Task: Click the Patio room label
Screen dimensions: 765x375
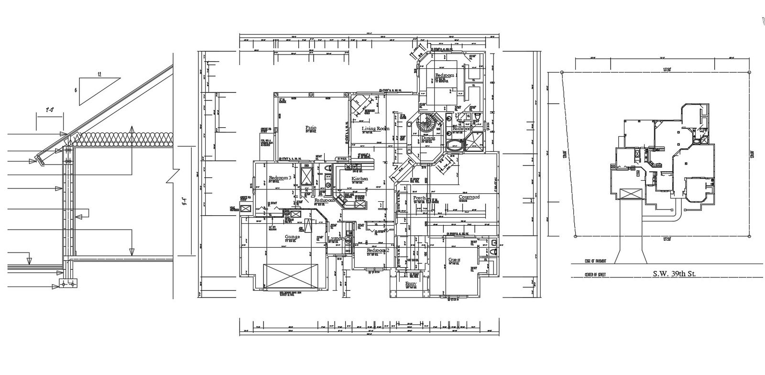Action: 311,128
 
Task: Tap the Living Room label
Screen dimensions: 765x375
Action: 375,129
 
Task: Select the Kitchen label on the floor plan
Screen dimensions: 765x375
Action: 360,179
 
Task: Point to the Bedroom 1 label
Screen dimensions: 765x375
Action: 446,76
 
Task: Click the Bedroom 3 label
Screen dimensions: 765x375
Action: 280,178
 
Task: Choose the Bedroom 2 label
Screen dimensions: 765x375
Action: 378,251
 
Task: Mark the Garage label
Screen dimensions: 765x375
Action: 292,237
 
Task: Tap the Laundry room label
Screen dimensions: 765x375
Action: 337,238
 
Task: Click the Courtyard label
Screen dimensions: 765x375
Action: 469,197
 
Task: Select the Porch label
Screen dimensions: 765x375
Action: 419,198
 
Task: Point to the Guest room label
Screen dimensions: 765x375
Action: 454,260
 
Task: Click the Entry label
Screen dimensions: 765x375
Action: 411,284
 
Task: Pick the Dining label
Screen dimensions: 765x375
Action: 428,138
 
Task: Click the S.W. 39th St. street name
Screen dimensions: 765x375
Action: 674,275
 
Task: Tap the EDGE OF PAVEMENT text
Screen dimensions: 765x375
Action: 595,261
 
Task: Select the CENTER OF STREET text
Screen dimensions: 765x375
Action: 595,275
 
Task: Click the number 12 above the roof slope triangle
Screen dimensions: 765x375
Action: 99,75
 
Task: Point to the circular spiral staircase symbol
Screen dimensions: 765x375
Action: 426,124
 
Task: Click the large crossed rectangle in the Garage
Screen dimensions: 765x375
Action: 292,276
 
